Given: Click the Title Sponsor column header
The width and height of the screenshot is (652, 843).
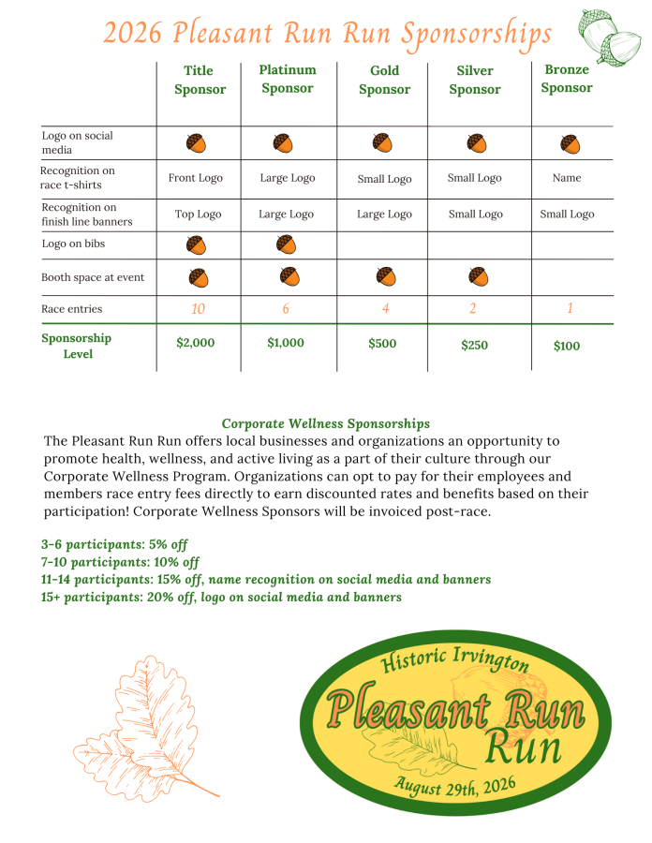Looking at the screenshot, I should [x=200, y=80].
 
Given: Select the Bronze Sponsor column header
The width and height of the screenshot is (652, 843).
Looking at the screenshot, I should [x=567, y=79].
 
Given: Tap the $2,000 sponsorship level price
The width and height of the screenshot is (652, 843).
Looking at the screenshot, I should [x=196, y=343].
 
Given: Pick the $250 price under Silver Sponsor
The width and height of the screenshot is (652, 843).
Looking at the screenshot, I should [x=475, y=346].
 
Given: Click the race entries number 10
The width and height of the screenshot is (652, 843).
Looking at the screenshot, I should [x=198, y=309].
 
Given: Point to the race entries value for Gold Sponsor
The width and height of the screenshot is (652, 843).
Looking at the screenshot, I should [x=384, y=309].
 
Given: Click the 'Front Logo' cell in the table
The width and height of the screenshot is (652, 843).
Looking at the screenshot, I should [x=196, y=178].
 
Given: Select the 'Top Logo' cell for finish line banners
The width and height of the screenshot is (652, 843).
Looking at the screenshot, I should [x=198, y=214].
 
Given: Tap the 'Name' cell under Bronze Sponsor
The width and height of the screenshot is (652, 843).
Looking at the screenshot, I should [x=567, y=178].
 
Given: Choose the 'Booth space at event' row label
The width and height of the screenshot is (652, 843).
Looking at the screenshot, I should [x=93, y=278].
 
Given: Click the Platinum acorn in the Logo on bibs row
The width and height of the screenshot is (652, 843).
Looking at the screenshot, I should [x=286, y=244].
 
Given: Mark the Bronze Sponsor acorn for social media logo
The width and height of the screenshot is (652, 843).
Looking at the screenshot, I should [x=570, y=144].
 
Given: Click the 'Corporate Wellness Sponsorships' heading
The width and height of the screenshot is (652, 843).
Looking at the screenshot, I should [x=326, y=424].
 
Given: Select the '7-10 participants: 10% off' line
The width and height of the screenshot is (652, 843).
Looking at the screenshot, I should [x=121, y=562].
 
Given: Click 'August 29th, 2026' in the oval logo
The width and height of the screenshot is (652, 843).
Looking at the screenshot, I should [x=455, y=784].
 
